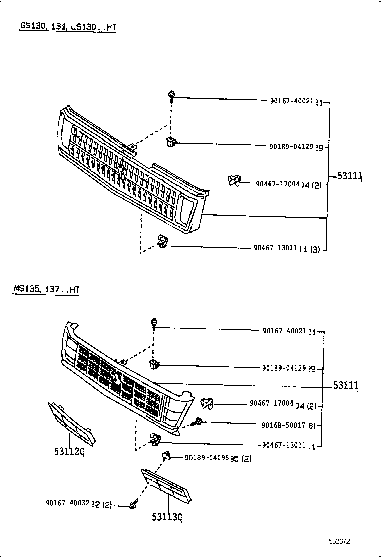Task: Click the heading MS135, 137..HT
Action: (x=46, y=289)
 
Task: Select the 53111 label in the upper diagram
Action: (x=349, y=176)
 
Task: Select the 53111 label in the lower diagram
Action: (x=346, y=385)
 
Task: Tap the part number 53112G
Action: (x=69, y=451)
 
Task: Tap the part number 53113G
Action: (x=166, y=517)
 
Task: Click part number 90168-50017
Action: (x=283, y=425)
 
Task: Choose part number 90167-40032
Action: (x=67, y=503)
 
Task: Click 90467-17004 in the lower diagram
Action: (x=271, y=403)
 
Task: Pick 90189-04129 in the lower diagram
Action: (x=284, y=368)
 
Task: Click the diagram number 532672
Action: (x=339, y=542)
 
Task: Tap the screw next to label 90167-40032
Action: (x=133, y=505)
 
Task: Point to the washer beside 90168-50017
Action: (x=199, y=422)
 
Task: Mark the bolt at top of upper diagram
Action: (x=172, y=94)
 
